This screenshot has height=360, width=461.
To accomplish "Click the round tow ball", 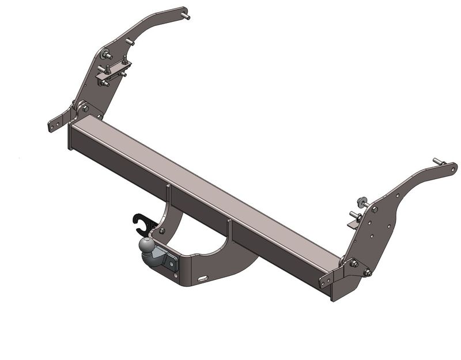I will (146, 248).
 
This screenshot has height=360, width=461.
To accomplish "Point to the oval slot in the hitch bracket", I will (202, 279).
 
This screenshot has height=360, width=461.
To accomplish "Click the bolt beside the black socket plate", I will (161, 231).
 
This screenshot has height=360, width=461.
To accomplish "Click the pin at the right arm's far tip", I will (438, 162).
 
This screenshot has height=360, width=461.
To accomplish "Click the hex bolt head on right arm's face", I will (375, 210).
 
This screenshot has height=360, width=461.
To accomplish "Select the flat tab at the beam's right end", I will (326, 281).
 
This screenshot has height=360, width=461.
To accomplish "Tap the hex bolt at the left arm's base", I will (85, 108).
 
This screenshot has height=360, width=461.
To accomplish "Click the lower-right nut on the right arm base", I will (366, 272).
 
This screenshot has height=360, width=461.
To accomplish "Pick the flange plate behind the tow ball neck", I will (171, 262).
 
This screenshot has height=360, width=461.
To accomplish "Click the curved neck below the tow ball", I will (149, 262).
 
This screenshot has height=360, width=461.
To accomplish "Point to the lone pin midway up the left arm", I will (130, 42).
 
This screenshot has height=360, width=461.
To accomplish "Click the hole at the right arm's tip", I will (452, 169).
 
